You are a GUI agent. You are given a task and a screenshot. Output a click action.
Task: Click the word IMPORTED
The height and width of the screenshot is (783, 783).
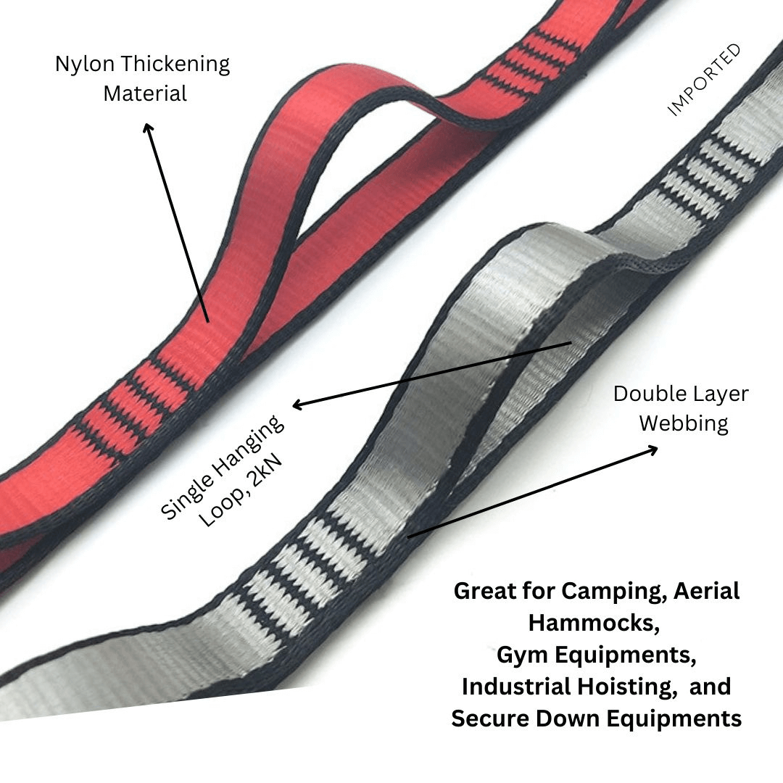[x=704, y=80]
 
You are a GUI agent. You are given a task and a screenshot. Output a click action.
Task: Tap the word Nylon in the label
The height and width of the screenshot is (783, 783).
[x=85, y=64]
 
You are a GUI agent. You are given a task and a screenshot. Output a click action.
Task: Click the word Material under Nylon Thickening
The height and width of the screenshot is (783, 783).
[x=145, y=94]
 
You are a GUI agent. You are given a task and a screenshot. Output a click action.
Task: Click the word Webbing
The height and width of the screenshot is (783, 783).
[x=684, y=423]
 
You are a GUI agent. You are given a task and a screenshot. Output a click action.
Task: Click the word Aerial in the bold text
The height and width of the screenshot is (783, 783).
[x=707, y=590]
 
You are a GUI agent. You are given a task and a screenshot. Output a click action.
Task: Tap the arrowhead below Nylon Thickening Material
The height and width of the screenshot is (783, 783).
[x=149, y=128]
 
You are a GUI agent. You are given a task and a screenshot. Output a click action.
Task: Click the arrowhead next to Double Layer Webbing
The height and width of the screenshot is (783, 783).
[x=652, y=449]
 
